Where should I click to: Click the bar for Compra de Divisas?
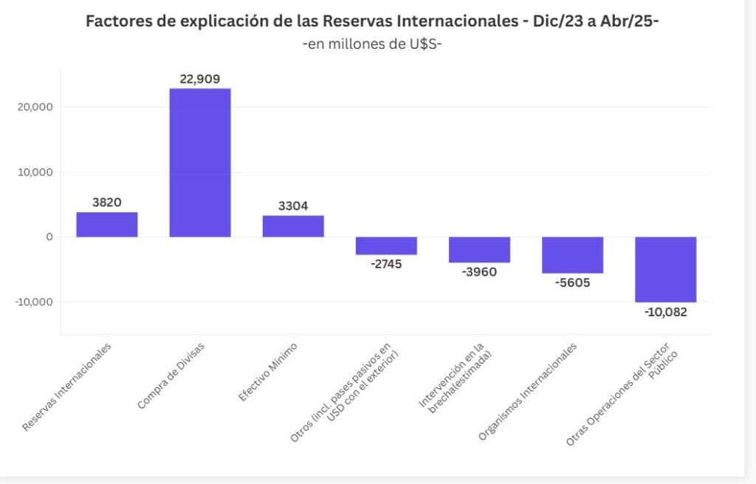click(x=200, y=163)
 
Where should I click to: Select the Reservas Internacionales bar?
click(x=107, y=225)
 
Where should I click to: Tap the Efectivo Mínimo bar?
click(x=293, y=226)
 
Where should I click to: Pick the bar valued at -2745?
click(x=386, y=245)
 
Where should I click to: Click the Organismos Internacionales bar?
click(x=572, y=255)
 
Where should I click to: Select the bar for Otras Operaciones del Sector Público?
click(x=665, y=269)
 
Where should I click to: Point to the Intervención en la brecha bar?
click(x=479, y=250)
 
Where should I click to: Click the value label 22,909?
click(x=200, y=79)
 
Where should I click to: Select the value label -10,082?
click(x=665, y=312)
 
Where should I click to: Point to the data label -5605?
click(x=572, y=282)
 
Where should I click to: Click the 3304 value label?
click(x=293, y=207)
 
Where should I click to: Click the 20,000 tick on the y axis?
click(x=34, y=107)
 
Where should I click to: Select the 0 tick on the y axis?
click(x=49, y=237)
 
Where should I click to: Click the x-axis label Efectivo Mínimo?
click(x=267, y=372)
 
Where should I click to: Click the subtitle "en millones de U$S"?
click(x=372, y=44)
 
